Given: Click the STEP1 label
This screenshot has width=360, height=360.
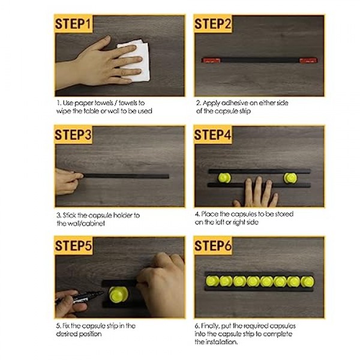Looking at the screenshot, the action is pos(73,23).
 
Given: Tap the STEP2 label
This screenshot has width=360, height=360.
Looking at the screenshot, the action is pos(212,23).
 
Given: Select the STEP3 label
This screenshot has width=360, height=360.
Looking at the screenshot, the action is pos(73,134).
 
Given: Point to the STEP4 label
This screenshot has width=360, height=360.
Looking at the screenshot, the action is pos(212,134).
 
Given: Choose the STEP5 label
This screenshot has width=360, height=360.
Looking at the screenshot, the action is pos(73,245).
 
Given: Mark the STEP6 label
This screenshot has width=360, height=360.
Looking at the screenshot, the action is pos(213,245).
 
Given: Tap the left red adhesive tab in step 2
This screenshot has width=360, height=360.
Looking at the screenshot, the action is pos(211,61).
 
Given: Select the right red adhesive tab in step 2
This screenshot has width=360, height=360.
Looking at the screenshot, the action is pos(308,61).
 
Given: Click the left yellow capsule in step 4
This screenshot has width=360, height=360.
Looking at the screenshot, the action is pos(224,178).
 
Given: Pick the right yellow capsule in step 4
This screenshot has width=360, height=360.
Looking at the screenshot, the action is pos(290,178).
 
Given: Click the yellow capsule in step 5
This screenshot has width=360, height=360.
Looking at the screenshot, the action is pos(118,295).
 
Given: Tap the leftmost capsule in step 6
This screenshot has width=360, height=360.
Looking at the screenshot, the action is pos(212,281).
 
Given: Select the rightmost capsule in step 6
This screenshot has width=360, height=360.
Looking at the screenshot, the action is pos(307,281).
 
